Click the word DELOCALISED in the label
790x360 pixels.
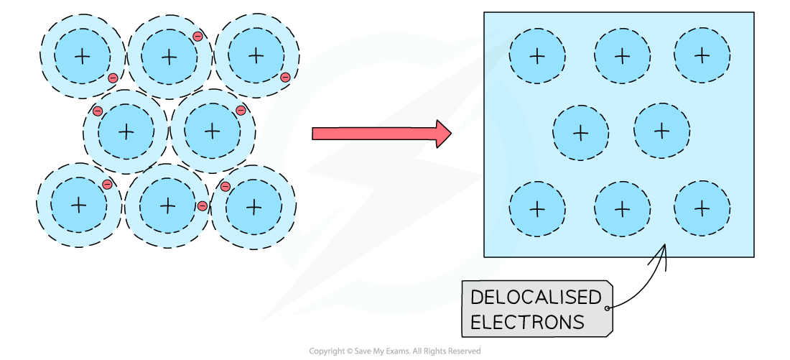coord(535,297)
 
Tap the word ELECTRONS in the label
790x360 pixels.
coord(527,323)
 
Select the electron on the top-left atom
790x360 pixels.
coord(113,78)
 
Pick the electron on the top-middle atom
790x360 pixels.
coord(197,37)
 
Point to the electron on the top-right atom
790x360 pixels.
coord(285,78)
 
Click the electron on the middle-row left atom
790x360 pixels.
coord(98,111)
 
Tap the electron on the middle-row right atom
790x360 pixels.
coord(241,111)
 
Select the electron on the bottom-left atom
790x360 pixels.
coord(107,185)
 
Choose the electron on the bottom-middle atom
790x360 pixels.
coord(203,206)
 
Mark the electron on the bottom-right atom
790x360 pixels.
coord(226,187)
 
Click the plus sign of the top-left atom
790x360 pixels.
coord(83,56)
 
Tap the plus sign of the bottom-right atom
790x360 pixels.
coord(254,207)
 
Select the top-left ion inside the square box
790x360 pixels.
coord(537,56)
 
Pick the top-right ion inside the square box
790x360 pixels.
coord(702,55)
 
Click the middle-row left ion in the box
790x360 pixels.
coord(580,133)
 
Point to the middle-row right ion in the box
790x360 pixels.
coord(661,131)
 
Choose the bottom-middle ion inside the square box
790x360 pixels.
coord(622,209)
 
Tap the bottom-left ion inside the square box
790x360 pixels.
coord(537,209)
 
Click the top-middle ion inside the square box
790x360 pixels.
coord(622,56)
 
